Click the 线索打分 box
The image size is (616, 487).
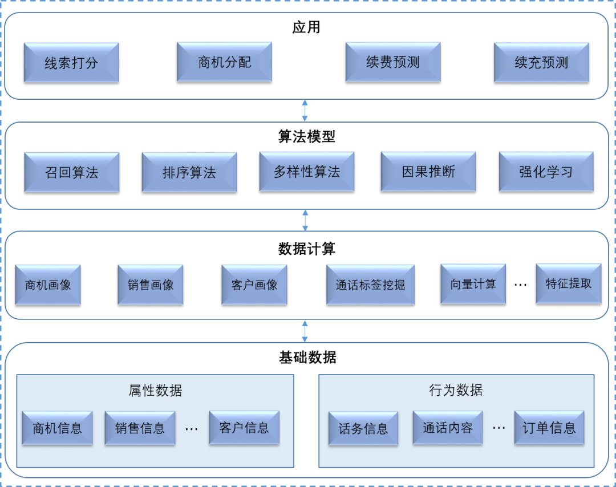tap(71, 63)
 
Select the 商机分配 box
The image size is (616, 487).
tap(224, 62)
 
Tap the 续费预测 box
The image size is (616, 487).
tap(393, 62)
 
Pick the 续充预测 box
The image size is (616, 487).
tap(541, 63)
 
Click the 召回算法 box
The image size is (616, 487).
tap(72, 172)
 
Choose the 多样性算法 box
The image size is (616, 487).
tap(307, 172)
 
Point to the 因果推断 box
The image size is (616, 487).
tap(428, 171)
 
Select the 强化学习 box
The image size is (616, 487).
tap(546, 172)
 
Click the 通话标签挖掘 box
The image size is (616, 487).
tap(370, 285)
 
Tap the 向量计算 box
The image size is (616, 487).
tap(473, 284)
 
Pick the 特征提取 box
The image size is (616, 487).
tap(569, 283)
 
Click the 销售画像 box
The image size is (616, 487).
tap(151, 285)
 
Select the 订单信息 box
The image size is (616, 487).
tap(549, 428)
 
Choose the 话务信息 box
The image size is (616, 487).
tap(363, 428)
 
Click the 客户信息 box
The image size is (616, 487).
tap(244, 427)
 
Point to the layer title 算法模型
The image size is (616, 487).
tap(307, 137)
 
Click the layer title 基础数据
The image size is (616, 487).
tap(307, 358)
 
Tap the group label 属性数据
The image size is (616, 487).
tap(156, 391)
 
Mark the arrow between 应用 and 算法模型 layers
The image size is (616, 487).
tap(305, 110)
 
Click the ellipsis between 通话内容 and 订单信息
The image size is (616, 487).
tap(499, 428)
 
